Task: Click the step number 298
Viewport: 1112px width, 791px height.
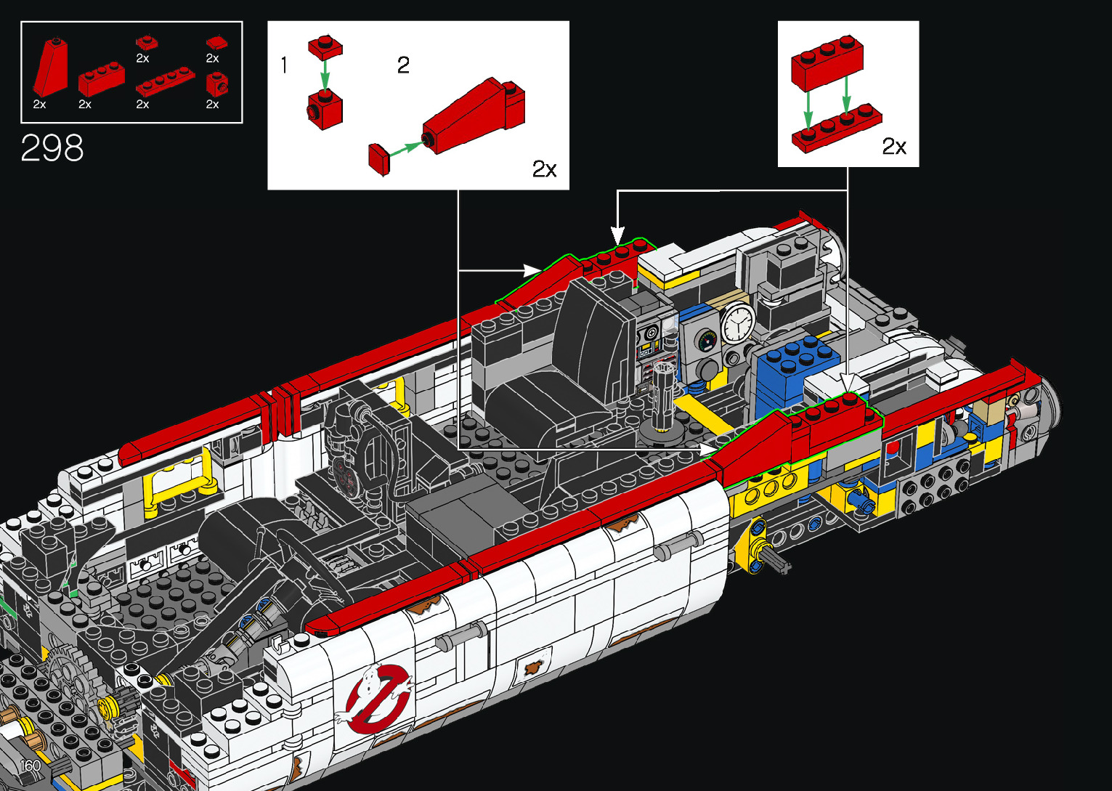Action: pyautogui.click(x=52, y=147)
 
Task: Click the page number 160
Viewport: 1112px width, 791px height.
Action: pyautogui.click(x=31, y=766)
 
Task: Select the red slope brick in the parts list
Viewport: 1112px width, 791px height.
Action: pyautogui.click(x=51, y=68)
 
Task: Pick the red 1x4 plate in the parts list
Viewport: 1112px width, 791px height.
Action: pyautogui.click(x=166, y=82)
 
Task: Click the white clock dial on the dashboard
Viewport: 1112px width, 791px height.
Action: pyautogui.click(x=738, y=323)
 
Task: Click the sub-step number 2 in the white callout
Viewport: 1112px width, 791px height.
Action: pyautogui.click(x=403, y=65)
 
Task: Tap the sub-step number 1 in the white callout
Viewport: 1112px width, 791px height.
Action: pyautogui.click(x=284, y=65)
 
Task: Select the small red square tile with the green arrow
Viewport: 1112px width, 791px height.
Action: pyautogui.click(x=379, y=159)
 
